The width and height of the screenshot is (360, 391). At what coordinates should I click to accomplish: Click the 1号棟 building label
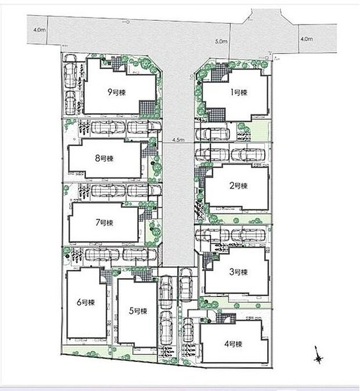point(237,93)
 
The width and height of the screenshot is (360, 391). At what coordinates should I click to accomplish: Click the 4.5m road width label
point(178,140)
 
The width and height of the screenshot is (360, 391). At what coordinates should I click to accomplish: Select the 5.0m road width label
point(220,42)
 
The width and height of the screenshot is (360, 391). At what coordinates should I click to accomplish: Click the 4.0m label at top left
point(39,28)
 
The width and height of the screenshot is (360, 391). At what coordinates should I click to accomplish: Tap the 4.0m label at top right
point(307,39)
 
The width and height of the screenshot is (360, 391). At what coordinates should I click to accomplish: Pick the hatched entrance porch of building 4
point(227,317)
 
